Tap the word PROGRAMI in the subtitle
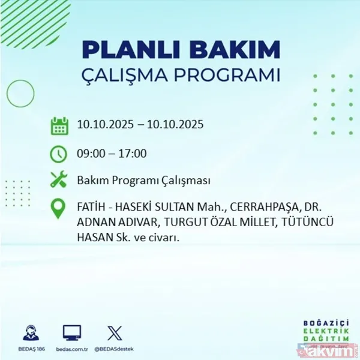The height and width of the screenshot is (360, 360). (x=232, y=76)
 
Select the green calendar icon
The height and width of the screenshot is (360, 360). (x=59, y=125)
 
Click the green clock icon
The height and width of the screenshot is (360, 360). (x=59, y=154)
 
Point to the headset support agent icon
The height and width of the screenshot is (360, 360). (x=30, y=332)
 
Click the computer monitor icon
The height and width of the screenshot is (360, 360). (x=71, y=332)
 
